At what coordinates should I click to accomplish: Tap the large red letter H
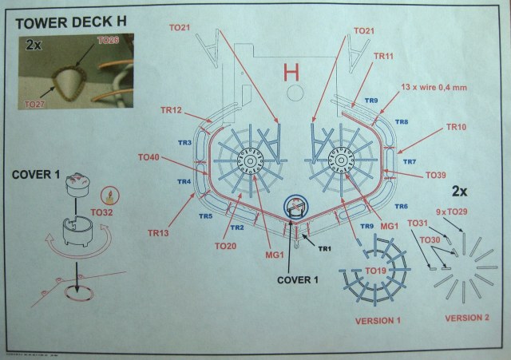[x=292, y=75]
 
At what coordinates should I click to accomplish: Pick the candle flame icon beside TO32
[x=105, y=196]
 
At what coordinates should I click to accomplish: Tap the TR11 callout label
[x=383, y=57]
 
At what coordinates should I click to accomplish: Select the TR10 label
[x=456, y=127]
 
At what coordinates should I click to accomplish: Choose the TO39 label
[x=436, y=175]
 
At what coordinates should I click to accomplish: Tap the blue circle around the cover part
[x=295, y=209]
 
